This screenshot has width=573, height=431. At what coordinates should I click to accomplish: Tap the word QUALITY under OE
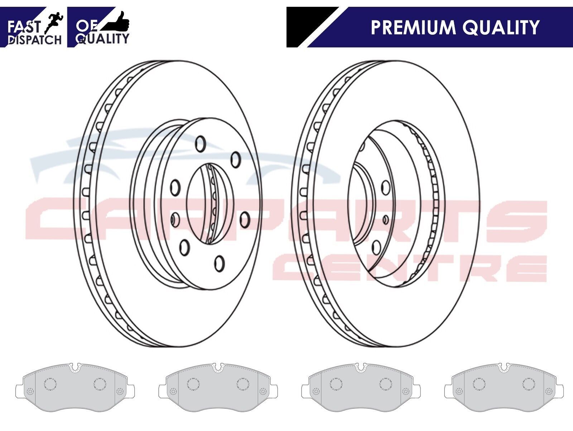103,39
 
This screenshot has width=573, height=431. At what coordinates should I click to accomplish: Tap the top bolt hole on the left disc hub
201,143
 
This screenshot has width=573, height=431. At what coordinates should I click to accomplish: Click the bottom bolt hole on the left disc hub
219,264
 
